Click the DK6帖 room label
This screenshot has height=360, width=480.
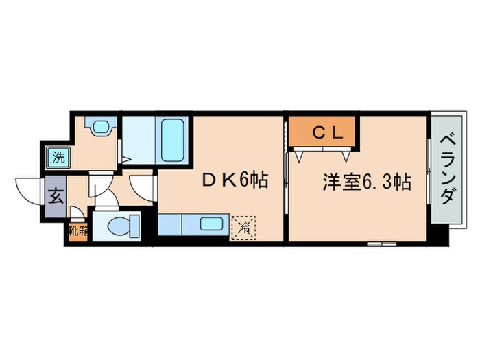tap(233, 180)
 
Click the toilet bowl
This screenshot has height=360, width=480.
tap(125, 224)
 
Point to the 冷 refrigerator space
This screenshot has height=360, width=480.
tap(244, 226)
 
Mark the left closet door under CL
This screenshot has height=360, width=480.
tap(302, 155)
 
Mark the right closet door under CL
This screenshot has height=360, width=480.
tap(342, 155)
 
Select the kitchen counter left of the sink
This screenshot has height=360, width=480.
tap(169, 224)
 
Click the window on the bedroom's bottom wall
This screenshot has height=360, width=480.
tap(382, 243)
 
